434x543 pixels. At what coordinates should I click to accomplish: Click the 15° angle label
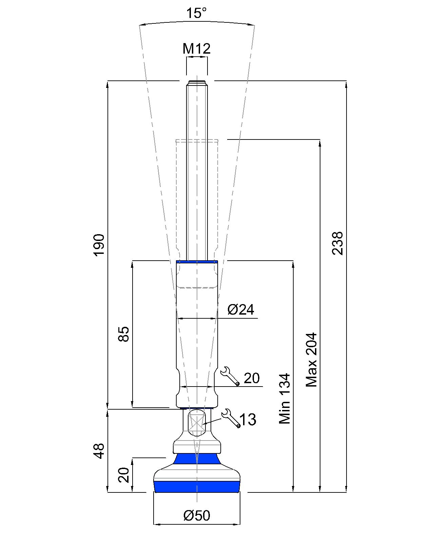point(196,13)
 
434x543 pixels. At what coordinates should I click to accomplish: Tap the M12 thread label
point(196,49)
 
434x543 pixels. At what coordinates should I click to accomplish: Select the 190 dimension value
point(99,245)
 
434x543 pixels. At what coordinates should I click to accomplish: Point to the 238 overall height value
point(337,243)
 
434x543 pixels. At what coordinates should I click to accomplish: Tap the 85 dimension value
point(123,334)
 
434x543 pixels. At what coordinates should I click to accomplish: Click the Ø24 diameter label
point(241,310)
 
